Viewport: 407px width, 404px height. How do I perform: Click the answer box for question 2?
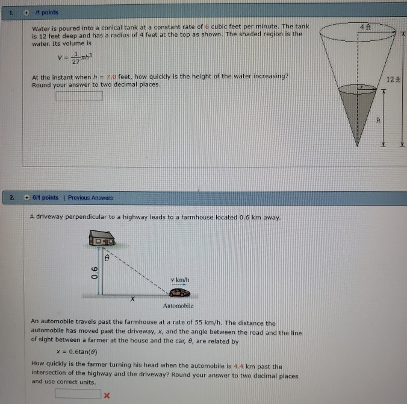tap(78, 394)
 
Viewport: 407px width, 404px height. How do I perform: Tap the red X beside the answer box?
tap(107, 395)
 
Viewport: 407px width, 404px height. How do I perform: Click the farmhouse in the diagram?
tap(102, 239)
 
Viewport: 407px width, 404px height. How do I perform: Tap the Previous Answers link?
tap(90, 198)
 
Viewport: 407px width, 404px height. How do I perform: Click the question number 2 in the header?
tap(10, 197)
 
